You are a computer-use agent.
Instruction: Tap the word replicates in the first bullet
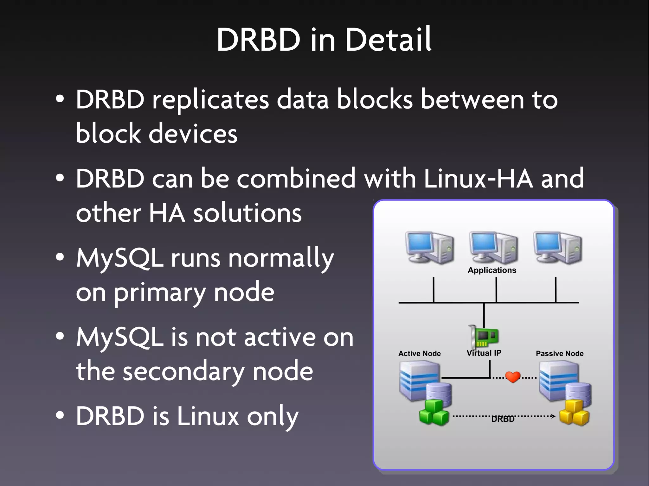point(210,100)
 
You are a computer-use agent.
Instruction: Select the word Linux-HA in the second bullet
point(478,179)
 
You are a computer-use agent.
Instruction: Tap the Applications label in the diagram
point(492,270)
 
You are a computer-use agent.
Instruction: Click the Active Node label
point(419,353)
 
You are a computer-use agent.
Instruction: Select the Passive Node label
point(559,353)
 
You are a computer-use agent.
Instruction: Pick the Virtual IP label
point(484,353)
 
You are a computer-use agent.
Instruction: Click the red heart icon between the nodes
point(513,377)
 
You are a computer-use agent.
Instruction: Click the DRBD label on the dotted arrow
point(503,419)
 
